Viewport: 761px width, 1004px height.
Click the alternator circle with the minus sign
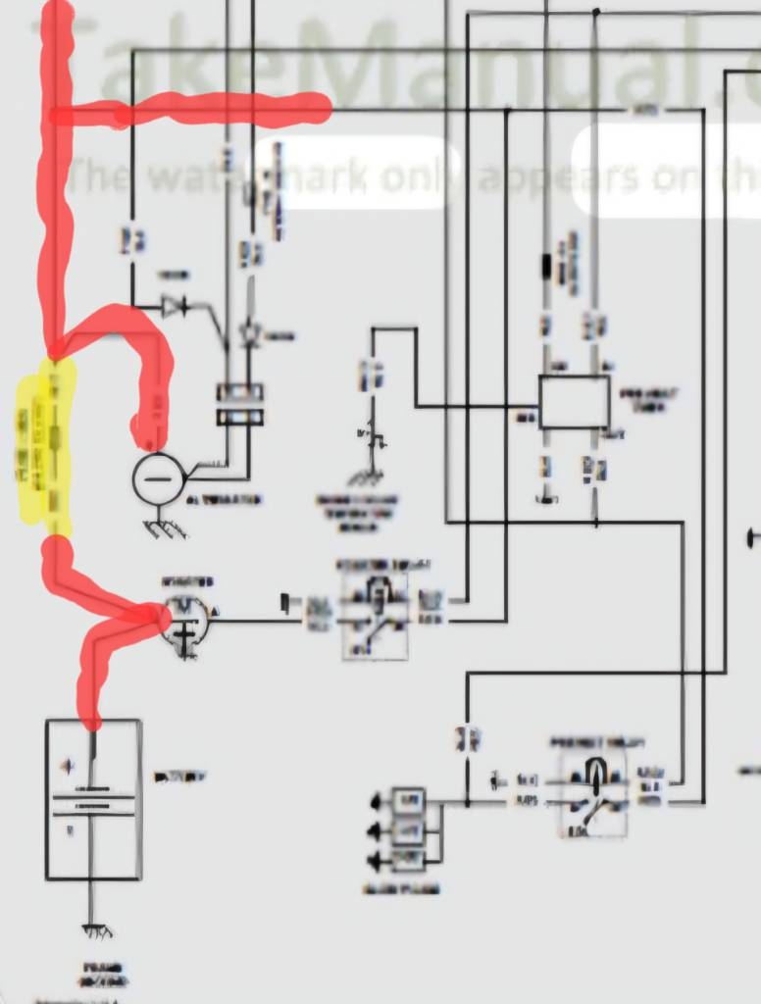click(x=158, y=478)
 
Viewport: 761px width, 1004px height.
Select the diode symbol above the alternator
click(x=177, y=307)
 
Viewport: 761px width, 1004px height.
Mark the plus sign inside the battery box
click(x=67, y=765)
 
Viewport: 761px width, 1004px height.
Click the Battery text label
click(x=180, y=777)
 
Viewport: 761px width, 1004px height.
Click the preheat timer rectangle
click(x=574, y=402)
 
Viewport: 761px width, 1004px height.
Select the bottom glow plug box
click(x=408, y=860)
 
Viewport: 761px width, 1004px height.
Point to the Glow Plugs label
click(x=400, y=889)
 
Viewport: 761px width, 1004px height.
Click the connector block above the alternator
click(x=240, y=404)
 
